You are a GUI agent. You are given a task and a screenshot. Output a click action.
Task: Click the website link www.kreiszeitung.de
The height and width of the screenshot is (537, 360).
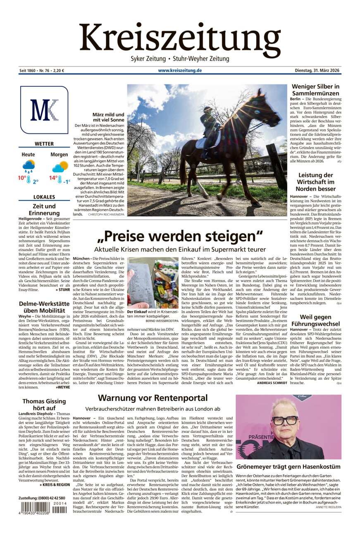coord(180,71)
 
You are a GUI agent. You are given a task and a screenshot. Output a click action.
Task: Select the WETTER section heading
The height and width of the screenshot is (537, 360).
coord(44,144)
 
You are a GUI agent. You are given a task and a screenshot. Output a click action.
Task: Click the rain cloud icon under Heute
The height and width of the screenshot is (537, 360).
coord(29,166)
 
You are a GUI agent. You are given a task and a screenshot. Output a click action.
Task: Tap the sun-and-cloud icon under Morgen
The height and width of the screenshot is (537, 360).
coord(60,166)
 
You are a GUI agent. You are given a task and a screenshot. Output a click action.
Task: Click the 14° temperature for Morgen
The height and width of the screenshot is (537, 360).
coord(53,178)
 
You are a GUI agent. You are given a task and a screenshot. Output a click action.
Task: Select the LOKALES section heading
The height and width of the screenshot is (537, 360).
coord(44,197)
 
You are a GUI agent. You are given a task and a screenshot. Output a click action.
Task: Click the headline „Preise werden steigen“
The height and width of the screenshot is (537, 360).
coord(180,237)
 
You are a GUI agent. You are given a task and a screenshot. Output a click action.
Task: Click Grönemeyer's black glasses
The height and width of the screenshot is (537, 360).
coord(285,421)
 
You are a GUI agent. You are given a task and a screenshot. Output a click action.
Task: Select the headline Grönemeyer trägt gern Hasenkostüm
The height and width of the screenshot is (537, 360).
coord(288,467)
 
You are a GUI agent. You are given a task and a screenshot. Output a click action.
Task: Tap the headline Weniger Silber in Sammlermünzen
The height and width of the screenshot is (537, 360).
coord(316,90)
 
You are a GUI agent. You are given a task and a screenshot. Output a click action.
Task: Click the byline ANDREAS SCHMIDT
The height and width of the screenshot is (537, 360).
coord(271,383)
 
